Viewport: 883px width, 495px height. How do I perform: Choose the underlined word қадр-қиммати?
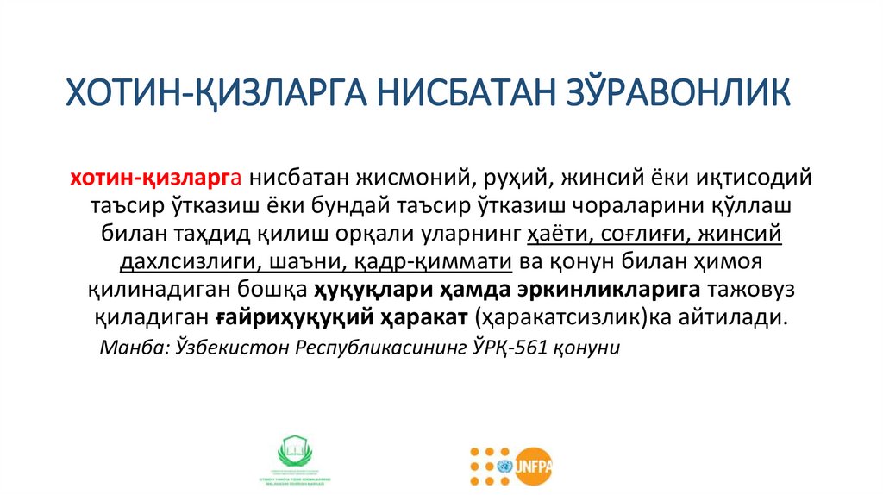click(449, 261)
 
